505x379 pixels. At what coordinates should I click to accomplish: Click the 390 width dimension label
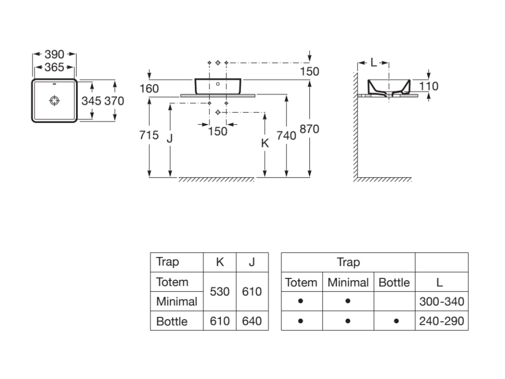54,54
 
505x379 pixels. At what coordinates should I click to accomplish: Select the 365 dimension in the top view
54,68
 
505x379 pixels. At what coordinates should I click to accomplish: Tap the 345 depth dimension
91,101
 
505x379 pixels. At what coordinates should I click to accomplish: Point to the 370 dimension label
114,101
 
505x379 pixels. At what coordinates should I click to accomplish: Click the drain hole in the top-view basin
54,101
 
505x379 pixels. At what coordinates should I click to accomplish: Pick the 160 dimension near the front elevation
149,88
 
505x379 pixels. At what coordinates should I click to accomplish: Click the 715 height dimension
149,134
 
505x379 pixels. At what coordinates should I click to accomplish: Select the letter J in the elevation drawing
170,138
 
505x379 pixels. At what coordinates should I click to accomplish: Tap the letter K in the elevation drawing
265,143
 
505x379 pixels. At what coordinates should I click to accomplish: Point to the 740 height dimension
286,135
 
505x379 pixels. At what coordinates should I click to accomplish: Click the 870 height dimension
309,129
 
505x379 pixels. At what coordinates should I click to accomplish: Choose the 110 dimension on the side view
429,86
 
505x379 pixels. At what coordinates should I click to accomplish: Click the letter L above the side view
373,63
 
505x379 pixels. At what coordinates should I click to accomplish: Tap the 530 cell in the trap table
219,292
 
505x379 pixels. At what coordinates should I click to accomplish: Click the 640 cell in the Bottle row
252,321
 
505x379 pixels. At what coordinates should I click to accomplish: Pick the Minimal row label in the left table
177,301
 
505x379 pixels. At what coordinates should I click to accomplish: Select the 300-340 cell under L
441,301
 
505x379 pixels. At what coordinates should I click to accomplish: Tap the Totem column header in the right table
301,283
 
